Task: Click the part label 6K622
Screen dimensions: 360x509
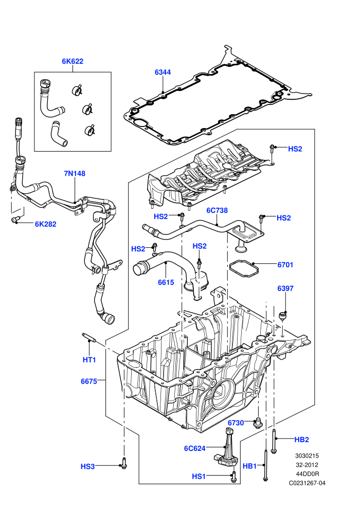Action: pyautogui.click(x=73, y=61)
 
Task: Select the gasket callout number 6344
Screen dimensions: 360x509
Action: pyautogui.click(x=163, y=72)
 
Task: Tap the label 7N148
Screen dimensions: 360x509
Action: pyautogui.click(x=75, y=173)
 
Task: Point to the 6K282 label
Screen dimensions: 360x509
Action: pyautogui.click(x=45, y=224)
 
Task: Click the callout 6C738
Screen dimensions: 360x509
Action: pyautogui.click(x=217, y=210)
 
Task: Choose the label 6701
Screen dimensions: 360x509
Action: pyautogui.click(x=285, y=265)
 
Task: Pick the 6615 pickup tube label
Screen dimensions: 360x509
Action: pyautogui.click(x=166, y=282)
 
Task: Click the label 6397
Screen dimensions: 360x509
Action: pyautogui.click(x=285, y=288)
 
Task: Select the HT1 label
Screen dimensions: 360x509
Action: pyautogui.click(x=89, y=360)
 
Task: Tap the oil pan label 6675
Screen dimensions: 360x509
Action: pyautogui.click(x=89, y=381)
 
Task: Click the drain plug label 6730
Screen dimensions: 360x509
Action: pyautogui.click(x=236, y=423)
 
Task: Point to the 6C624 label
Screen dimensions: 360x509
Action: pyautogui.click(x=195, y=448)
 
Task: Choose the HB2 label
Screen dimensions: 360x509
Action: pyautogui.click(x=301, y=440)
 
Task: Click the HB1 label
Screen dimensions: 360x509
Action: pyautogui.click(x=249, y=466)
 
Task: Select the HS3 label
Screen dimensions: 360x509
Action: pyautogui.click(x=87, y=466)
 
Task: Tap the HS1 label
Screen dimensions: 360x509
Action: pyautogui.click(x=199, y=476)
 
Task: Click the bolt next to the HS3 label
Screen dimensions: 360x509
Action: pyautogui.click(x=123, y=463)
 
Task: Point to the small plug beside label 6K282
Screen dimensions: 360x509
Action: pyautogui.click(x=16, y=220)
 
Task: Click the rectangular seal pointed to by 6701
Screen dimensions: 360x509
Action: pyautogui.click(x=244, y=268)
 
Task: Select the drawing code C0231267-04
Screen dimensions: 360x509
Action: pyautogui.click(x=307, y=483)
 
